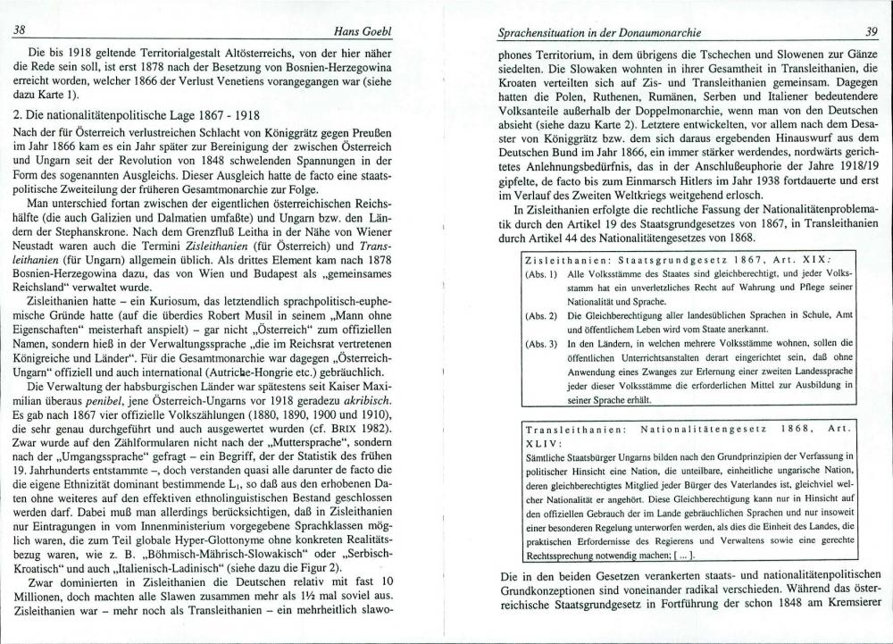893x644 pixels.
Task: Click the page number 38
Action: click(18, 29)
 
